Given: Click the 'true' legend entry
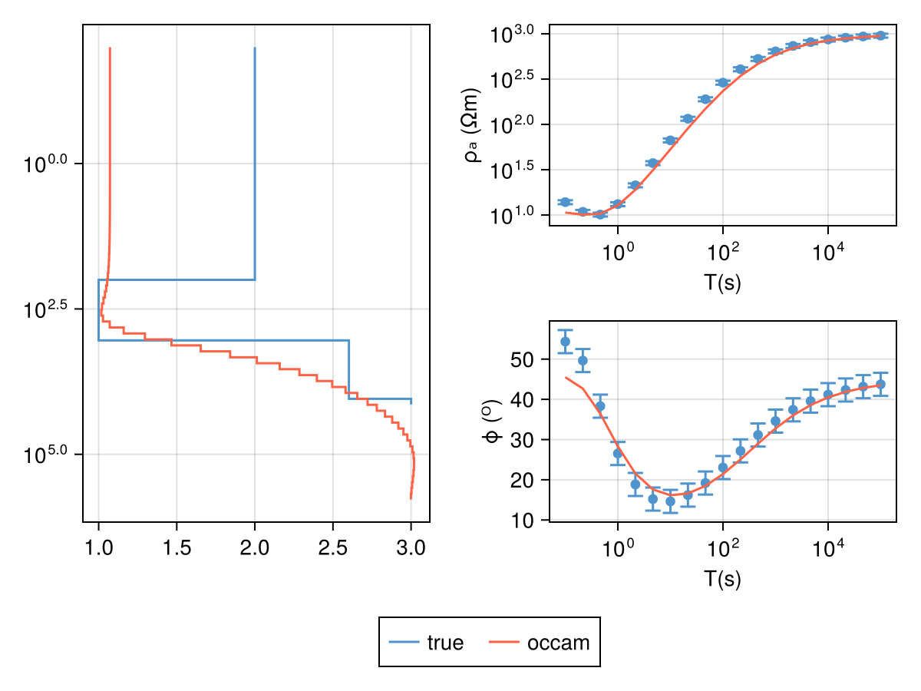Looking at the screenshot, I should pyautogui.click(x=427, y=643).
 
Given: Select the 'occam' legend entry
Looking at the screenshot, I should pyautogui.click(x=540, y=643).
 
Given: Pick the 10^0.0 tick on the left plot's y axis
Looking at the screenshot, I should pyautogui.click(x=47, y=164).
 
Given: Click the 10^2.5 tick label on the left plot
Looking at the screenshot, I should pyautogui.click(x=47, y=309).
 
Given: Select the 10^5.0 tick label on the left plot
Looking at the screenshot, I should pyautogui.click(x=47, y=454).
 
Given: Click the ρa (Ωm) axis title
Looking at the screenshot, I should pyautogui.click(x=471, y=125).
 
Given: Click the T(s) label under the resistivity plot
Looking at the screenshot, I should pyautogui.click(x=722, y=283).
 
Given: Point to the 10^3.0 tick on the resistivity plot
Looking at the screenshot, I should pyautogui.click(x=517, y=35).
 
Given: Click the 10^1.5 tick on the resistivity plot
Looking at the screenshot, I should pyautogui.click(x=517, y=170).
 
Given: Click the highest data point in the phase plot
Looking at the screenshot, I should pyautogui.click(x=566, y=342).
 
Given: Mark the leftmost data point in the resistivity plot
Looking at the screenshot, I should pyautogui.click(x=566, y=202).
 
